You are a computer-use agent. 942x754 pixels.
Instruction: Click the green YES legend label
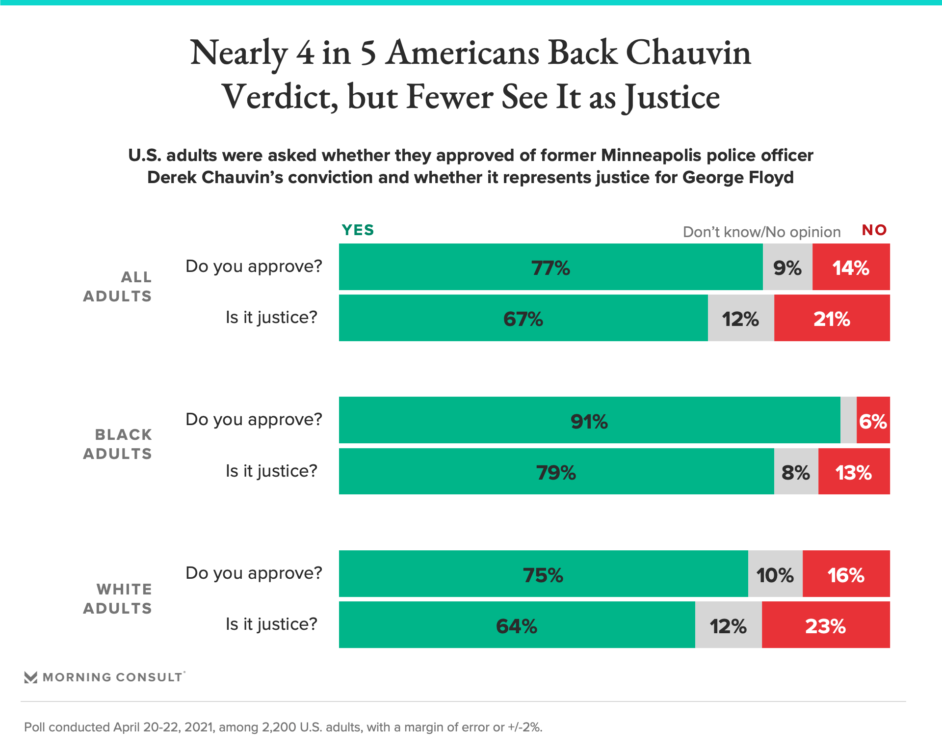358,230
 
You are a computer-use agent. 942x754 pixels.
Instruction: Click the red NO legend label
874,230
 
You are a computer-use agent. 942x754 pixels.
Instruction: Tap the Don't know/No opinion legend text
761,232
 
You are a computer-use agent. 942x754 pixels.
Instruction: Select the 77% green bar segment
550,267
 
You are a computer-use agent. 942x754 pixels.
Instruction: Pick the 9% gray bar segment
787,267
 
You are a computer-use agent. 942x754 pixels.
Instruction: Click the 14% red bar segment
851,267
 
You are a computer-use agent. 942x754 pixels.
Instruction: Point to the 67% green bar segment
523,318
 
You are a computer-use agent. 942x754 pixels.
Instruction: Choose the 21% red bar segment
832,318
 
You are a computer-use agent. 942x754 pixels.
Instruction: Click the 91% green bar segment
589,420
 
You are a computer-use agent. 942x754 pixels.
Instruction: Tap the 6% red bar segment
873,420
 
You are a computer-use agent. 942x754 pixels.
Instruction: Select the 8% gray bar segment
796,471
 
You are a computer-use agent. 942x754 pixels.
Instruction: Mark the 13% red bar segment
854,471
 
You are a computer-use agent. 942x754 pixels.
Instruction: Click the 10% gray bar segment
775,574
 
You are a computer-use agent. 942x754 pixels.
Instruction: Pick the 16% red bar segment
846,574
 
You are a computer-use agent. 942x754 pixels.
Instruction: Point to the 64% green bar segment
517,625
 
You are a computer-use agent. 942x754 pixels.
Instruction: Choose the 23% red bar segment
826,625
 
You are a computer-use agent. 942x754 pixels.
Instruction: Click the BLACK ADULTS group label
118,444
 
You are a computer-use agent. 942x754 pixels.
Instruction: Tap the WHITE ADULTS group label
118,599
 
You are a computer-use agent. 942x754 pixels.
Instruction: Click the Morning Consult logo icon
31,677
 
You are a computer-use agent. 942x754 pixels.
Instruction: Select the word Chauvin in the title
688,53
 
